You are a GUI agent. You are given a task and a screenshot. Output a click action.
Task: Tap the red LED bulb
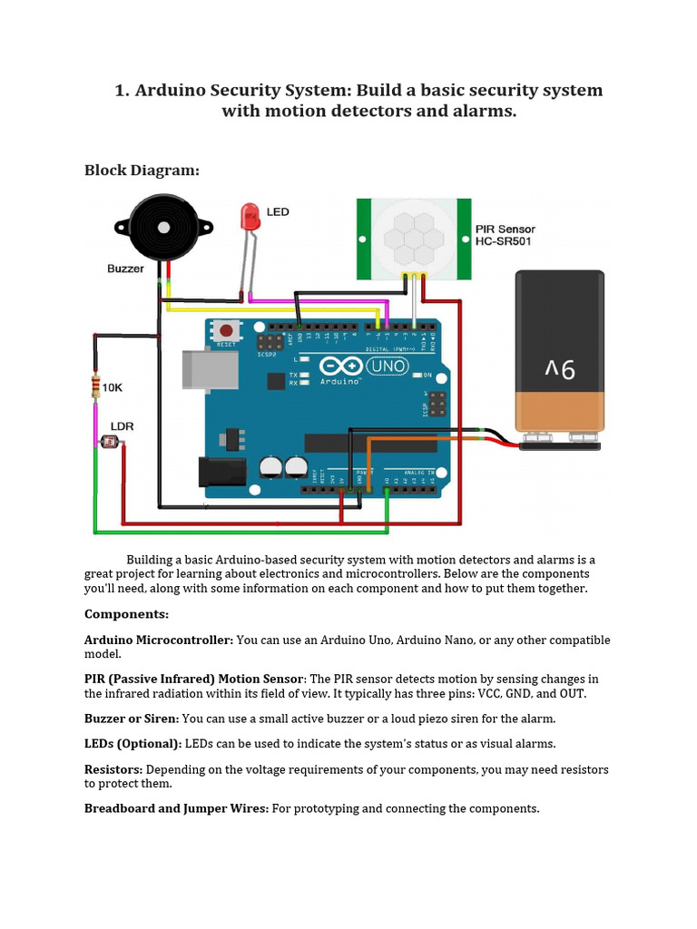tap(249, 216)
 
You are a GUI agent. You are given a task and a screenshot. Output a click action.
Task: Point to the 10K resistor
tap(95, 387)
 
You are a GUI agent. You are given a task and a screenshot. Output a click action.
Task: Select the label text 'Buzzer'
tap(125, 269)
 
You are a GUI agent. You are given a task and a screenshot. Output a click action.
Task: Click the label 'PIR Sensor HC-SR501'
tap(506, 235)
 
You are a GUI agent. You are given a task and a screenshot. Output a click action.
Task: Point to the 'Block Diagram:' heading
tap(141, 170)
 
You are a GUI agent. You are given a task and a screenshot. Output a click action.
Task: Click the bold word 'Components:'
tap(126, 614)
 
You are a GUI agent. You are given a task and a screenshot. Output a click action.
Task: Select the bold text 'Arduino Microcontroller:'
tap(159, 641)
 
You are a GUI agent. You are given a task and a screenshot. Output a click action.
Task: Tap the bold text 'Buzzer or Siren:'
tap(132, 719)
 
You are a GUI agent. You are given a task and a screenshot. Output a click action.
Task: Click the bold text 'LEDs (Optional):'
tap(133, 744)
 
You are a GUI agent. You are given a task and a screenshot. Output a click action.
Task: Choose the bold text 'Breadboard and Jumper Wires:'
tap(176, 808)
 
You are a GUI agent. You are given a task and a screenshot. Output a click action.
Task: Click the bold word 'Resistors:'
tap(113, 769)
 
